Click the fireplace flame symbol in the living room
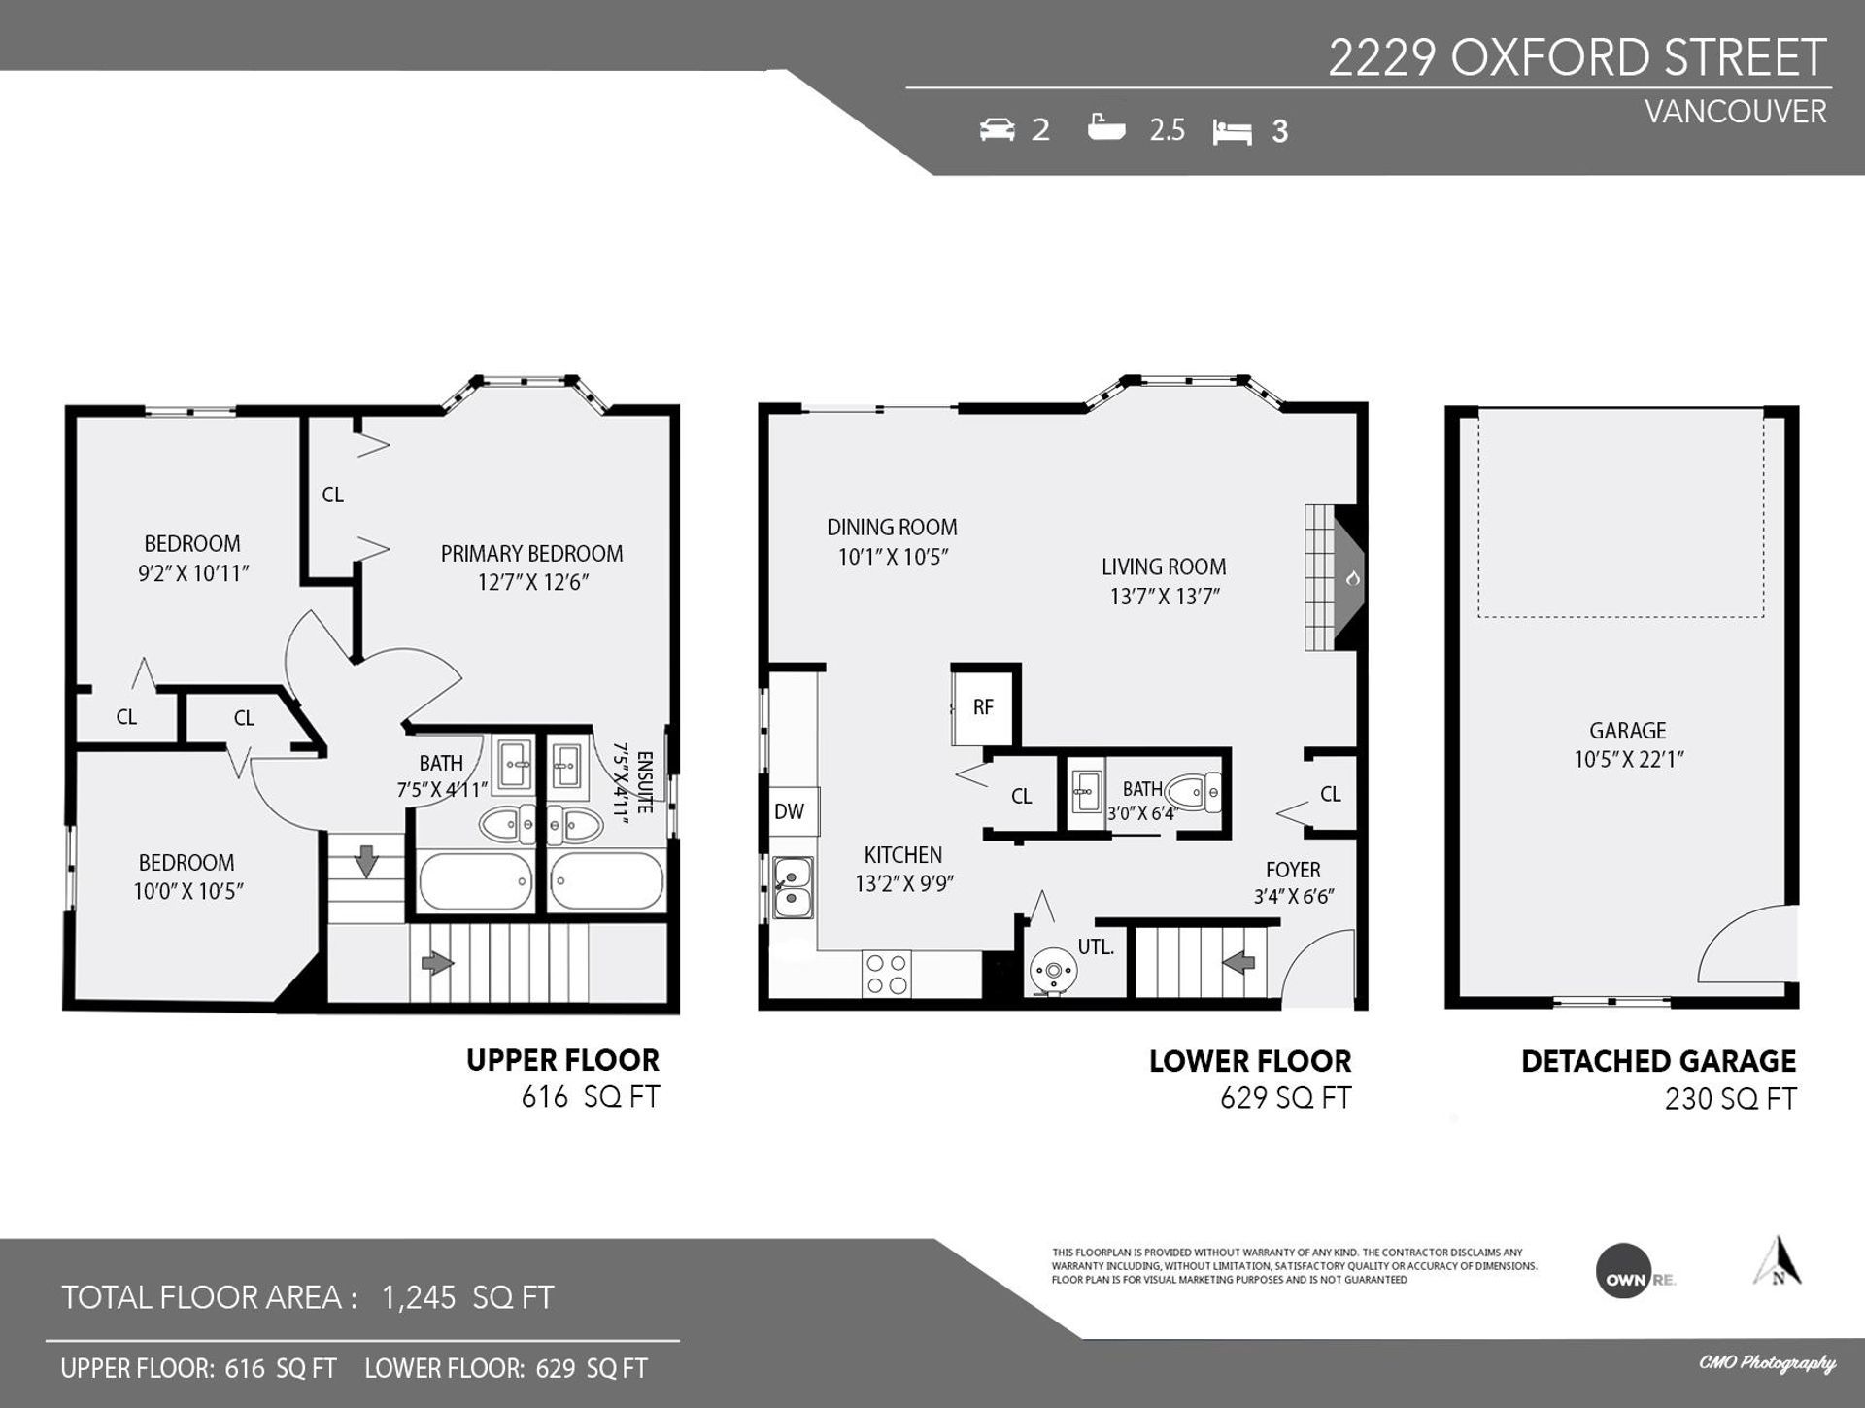(x=1352, y=578)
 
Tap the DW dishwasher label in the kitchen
(x=789, y=811)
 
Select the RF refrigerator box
(x=983, y=706)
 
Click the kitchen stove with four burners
(x=887, y=974)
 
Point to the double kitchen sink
(x=794, y=888)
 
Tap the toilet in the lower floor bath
(x=1193, y=793)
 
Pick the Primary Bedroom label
(x=532, y=553)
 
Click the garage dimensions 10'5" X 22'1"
(x=1629, y=759)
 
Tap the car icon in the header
(x=997, y=129)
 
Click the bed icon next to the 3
(x=1232, y=131)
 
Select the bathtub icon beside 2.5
(x=1106, y=127)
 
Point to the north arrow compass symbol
(x=1779, y=1260)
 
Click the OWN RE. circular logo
(x=1624, y=1270)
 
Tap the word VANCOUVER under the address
(x=1736, y=112)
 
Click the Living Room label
(x=1164, y=567)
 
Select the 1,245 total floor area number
(x=419, y=1297)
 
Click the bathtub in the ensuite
(x=607, y=880)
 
